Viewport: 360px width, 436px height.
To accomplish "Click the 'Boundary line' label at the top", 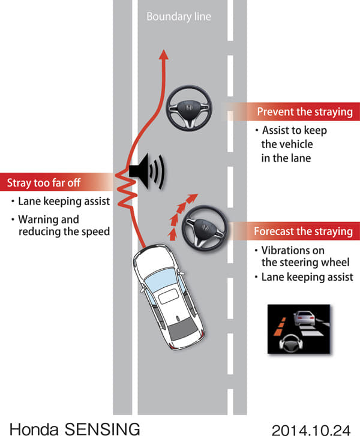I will [x=179, y=17].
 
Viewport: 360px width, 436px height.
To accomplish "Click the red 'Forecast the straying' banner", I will [x=303, y=231].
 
